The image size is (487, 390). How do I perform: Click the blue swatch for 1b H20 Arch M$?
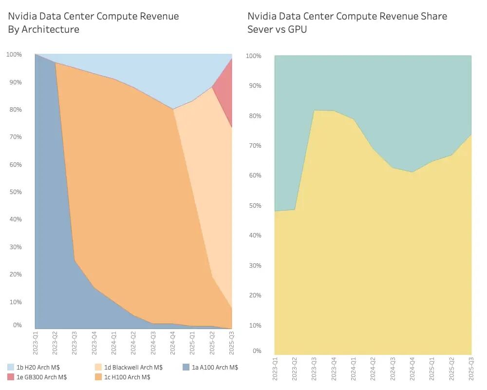coord(11,367)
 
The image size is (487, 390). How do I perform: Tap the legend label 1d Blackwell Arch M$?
coord(133,367)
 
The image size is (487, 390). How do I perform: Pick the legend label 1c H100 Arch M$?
coord(128,377)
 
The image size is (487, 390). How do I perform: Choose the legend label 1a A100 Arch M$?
coord(215,367)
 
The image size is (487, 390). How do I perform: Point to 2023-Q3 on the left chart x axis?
coord(75,343)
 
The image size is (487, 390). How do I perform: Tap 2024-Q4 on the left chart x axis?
coord(173,343)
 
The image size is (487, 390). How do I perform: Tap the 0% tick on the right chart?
coord(257,351)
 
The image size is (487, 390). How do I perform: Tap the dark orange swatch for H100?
coord(98,377)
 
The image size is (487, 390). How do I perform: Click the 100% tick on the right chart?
coord(254,56)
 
